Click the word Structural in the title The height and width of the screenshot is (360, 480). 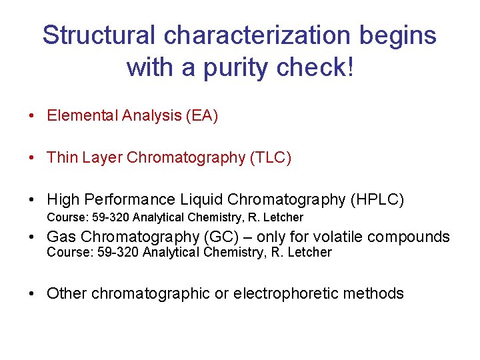pos(95,35)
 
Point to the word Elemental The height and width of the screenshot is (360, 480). pos(83,116)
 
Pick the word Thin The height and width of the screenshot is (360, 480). pos(61,158)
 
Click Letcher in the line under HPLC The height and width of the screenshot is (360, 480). pos(284,217)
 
